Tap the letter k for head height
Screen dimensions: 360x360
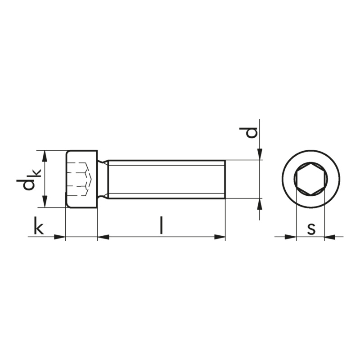[39, 225]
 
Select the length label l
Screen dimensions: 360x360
[162, 225]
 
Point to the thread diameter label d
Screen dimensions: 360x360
[248, 132]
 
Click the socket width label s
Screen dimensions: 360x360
[311, 229]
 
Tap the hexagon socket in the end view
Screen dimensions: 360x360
[311, 179]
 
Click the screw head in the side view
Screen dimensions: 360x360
[82, 179]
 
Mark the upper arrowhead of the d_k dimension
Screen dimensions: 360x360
[45, 156]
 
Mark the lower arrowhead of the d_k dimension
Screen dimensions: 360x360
[45, 202]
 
